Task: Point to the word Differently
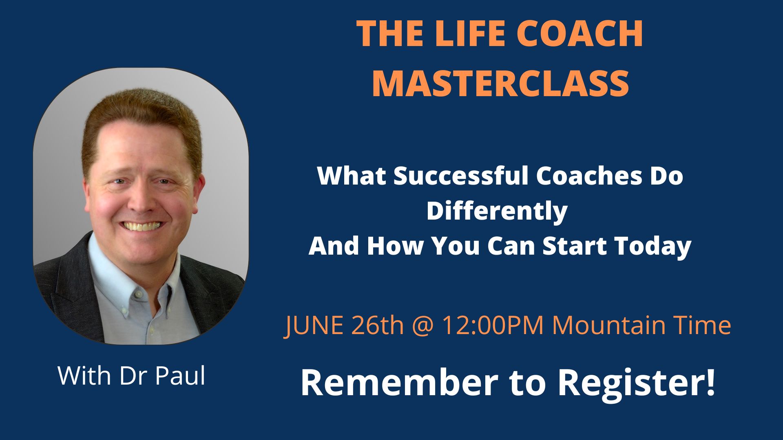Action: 497,211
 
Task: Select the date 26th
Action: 377,326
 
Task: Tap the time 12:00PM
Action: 493,326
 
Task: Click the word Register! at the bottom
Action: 637,384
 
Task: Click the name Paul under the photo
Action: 180,376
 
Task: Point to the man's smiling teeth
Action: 142,226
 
